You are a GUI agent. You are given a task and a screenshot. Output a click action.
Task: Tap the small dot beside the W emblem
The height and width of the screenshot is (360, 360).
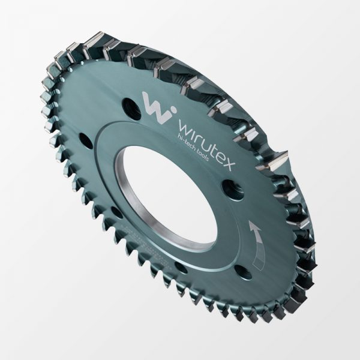173,109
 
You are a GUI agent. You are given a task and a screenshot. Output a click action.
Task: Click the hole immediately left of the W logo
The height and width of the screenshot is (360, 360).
131,109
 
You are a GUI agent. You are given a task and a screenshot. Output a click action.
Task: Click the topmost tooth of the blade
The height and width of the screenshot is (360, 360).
96,38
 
